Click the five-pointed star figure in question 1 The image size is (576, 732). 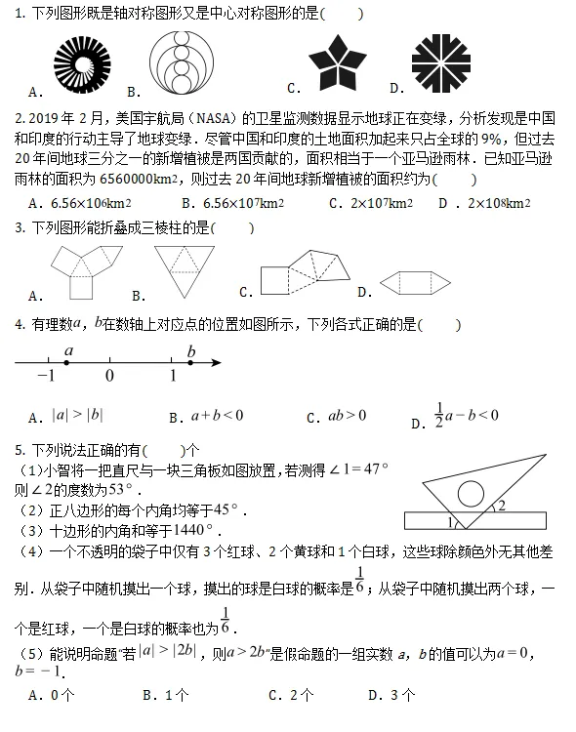pyautogui.click(x=338, y=65)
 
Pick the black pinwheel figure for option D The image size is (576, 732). pyautogui.click(x=441, y=65)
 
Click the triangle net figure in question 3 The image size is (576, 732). pyautogui.click(x=185, y=266)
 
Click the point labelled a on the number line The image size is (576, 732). pyautogui.click(x=66, y=363)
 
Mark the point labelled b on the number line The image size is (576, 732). pyautogui.click(x=189, y=363)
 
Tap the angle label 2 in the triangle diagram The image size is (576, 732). pyautogui.click(x=502, y=506)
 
